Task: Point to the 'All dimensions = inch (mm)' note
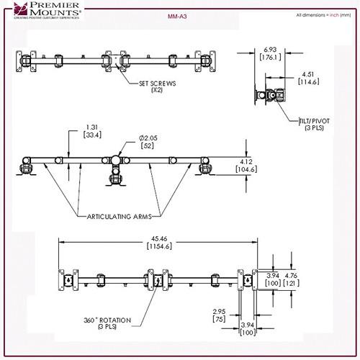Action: [x=319, y=14]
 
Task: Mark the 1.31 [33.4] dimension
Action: [x=92, y=131]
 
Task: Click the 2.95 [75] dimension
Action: [x=219, y=316]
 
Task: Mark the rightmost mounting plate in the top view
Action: [x=212, y=60]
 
